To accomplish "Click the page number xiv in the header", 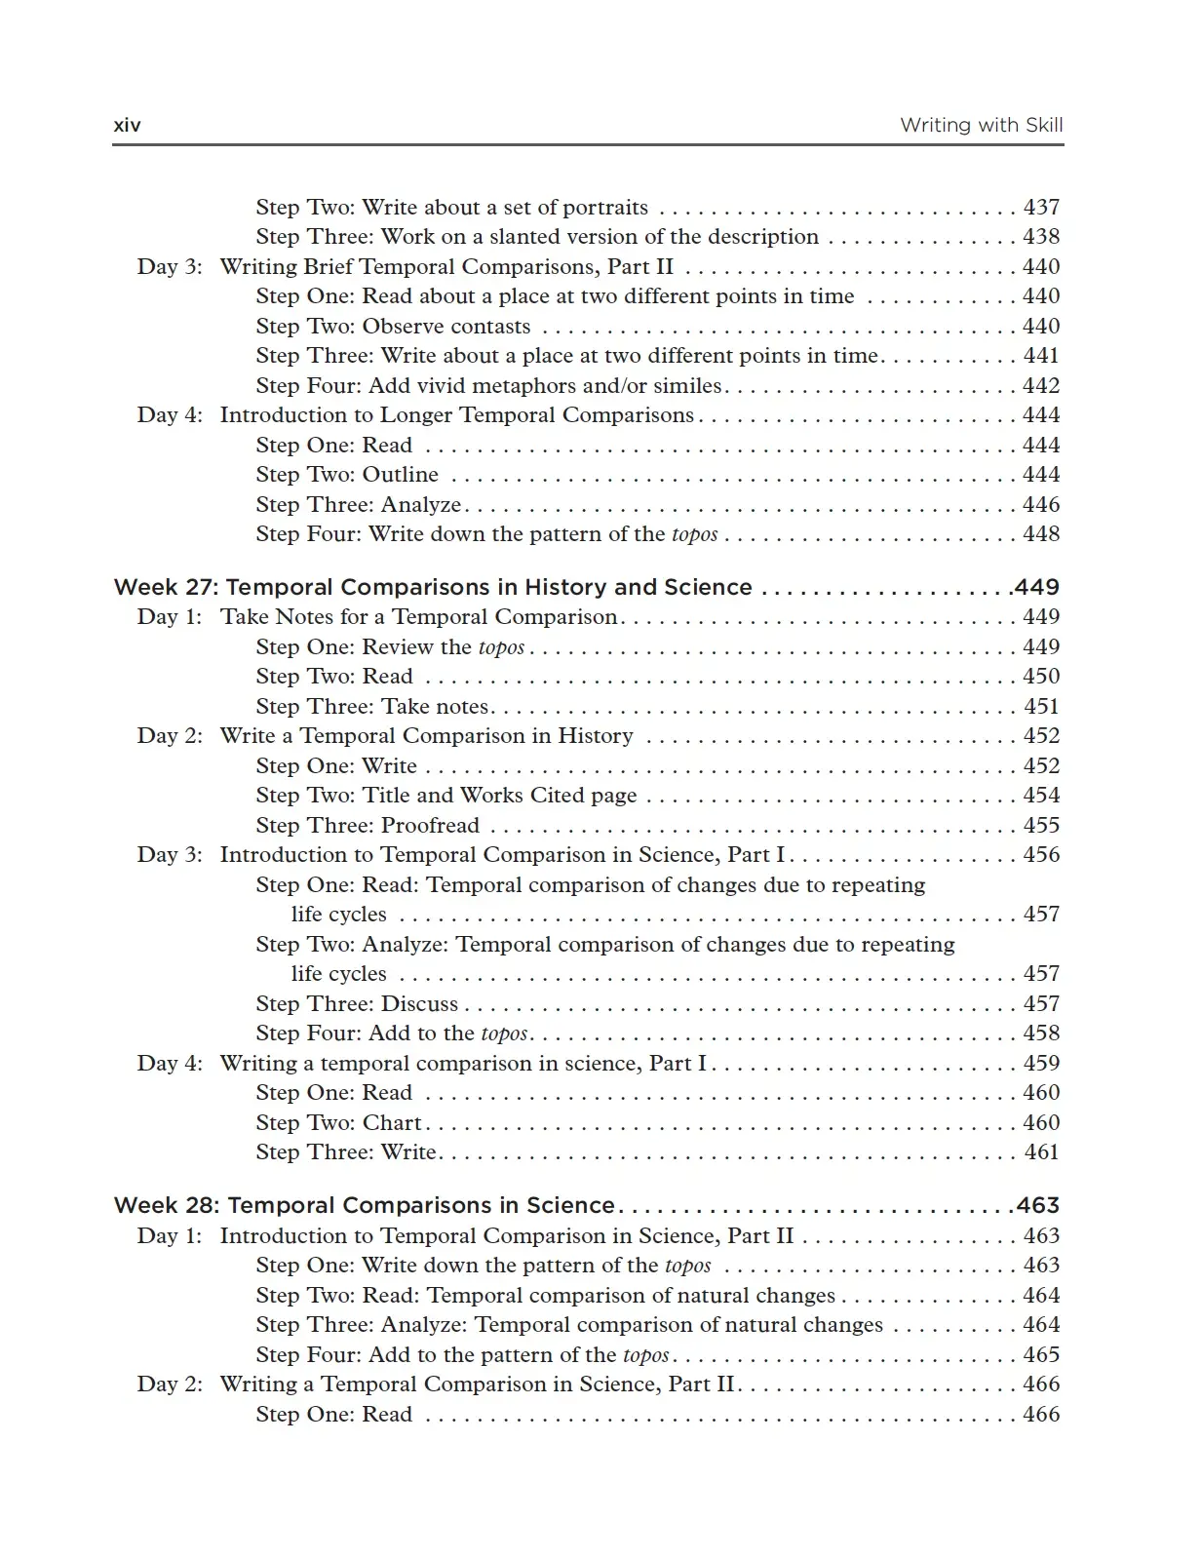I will pyautogui.click(x=127, y=125).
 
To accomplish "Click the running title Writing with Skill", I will pyautogui.click(x=981, y=125).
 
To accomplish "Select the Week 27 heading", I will pyautogui.click(x=433, y=587).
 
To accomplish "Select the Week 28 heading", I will pyautogui.click(x=364, y=1205).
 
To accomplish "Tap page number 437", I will pyautogui.click(x=1041, y=207).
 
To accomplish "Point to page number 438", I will pyautogui.click(x=1041, y=236).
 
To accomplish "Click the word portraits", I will pyautogui.click(x=605, y=207).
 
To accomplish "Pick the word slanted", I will pyautogui.click(x=531, y=236).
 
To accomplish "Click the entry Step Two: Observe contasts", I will pyautogui.click(x=393, y=326).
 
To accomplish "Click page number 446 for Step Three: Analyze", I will pyautogui.click(x=1041, y=504).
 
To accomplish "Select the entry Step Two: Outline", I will pyautogui.click(x=347, y=474).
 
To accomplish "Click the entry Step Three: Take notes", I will pyautogui.click(x=372, y=706).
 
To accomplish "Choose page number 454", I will pyautogui.click(x=1041, y=795).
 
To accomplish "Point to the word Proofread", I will pyautogui.click(x=430, y=825).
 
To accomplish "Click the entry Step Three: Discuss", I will pyautogui.click(x=357, y=1003).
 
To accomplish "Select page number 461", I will pyautogui.click(x=1041, y=1151).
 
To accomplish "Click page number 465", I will pyautogui.click(x=1041, y=1354).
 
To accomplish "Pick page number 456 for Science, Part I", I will pyautogui.click(x=1041, y=854).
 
